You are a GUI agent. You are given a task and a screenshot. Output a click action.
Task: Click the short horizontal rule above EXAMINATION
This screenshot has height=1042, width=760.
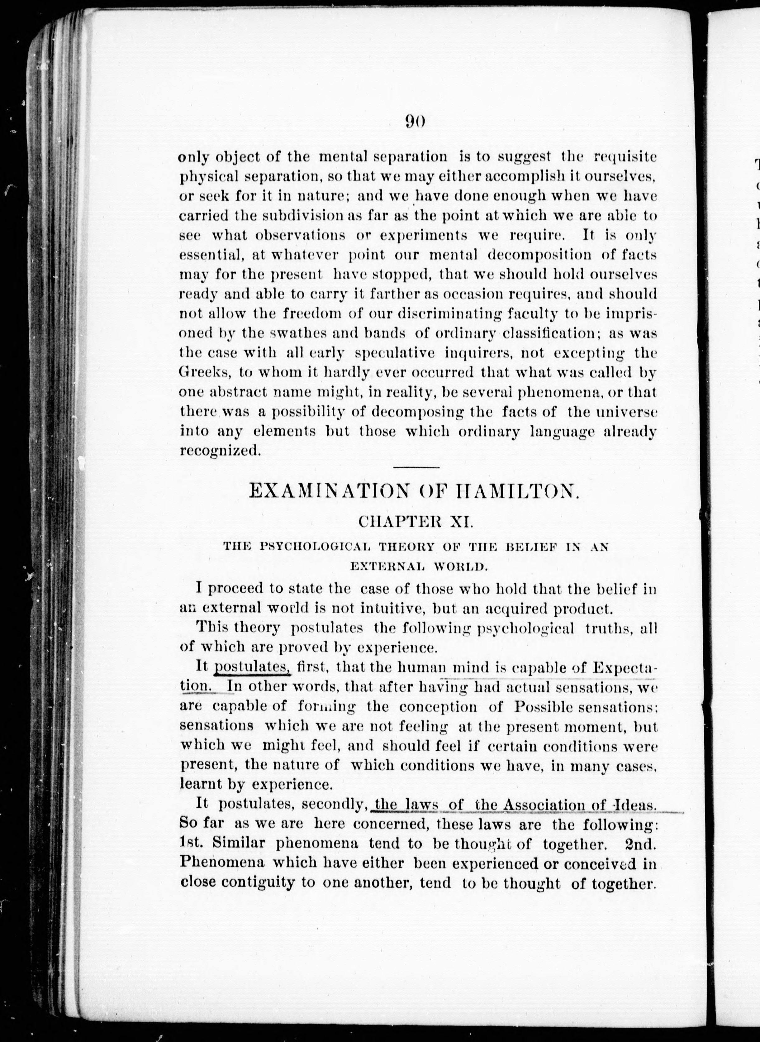point(416,468)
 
